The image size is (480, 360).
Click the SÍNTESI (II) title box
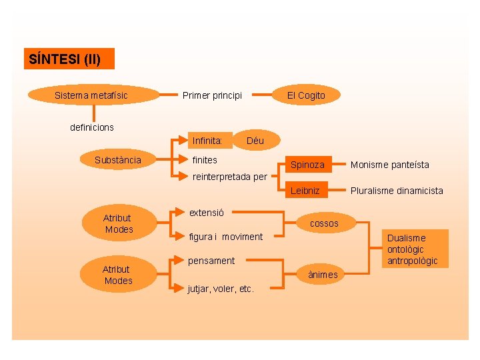point(69,59)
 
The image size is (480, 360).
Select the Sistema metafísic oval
point(91,95)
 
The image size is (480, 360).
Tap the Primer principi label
point(212,95)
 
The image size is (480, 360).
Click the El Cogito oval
point(306,95)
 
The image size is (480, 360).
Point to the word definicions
point(92,127)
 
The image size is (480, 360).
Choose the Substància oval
point(118,160)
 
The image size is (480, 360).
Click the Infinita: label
point(207,141)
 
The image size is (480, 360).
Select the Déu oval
point(255,141)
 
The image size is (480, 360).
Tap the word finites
point(205,160)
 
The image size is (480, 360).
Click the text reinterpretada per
point(229,177)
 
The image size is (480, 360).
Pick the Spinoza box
point(307,164)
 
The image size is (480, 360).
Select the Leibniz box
point(305,191)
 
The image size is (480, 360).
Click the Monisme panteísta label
point(390,165)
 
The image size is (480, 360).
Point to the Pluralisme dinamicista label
point(397,191)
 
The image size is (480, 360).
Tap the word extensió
point(207,213)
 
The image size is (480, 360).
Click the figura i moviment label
point(226,237)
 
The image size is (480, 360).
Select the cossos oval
point(324,223)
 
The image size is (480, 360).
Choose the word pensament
point(212,261)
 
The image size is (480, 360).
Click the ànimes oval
point(323,275)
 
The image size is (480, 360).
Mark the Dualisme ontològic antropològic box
point(412,249)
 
